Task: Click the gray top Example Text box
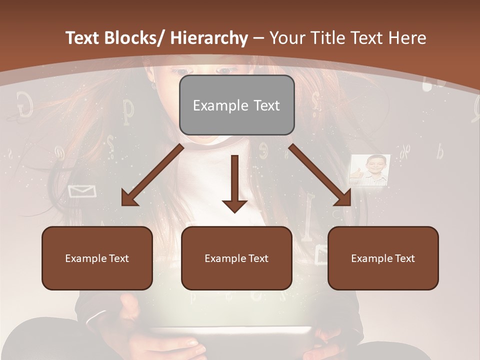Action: [x=236, y=105]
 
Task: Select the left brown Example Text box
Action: [x=97, y=258]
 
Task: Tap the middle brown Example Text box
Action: [x=236, y=258]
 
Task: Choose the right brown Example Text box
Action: [x=383, y=258]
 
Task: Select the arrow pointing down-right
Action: [x=320, y=175]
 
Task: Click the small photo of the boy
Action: [x=369, y=170]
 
